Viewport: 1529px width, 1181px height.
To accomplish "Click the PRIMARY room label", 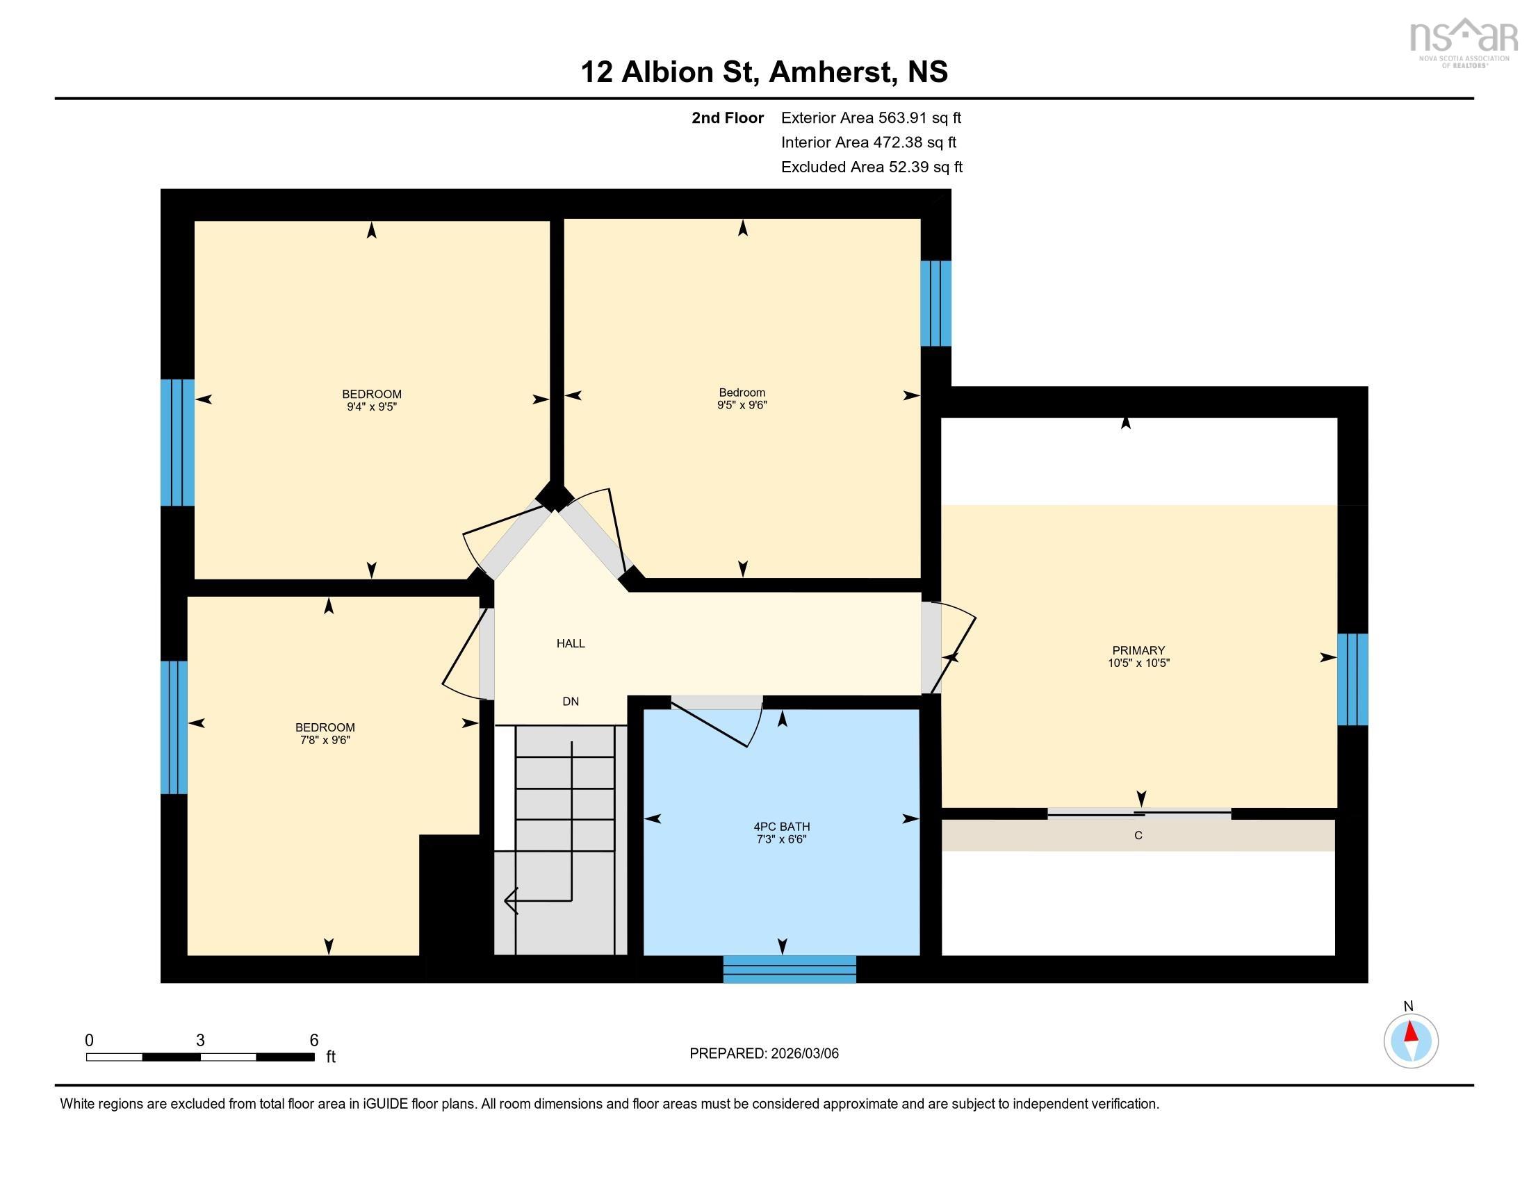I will (x=1138, y=650).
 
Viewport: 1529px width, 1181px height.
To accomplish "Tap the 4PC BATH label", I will (x=781, y=826).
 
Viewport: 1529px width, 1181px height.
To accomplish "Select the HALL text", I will (x=571, y=643).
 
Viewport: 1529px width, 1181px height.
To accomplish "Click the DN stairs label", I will (x=571, y=701).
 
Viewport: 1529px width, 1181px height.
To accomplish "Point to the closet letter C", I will (x=1138, y=835).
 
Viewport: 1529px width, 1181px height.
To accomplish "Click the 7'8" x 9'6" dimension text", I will (x=325, y=740).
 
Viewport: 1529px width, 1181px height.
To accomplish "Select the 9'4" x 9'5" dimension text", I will (x=372, y=406).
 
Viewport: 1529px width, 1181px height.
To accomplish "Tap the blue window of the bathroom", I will (x=789, y=969).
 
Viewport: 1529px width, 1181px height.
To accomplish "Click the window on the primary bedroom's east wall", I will (x=1352, y=679).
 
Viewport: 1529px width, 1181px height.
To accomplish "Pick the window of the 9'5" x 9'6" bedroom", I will (x=935, y=304).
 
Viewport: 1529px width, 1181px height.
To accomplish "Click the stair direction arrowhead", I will (x=509, y=900).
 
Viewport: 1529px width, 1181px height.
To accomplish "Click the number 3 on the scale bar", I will (x=200, y=1041).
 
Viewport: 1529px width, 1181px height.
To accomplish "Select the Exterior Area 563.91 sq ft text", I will (x=871, y=117).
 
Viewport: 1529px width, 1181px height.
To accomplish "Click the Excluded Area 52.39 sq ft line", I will (x=871, y=167).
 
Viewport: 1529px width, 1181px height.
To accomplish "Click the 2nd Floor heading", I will (x=727, y=117).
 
